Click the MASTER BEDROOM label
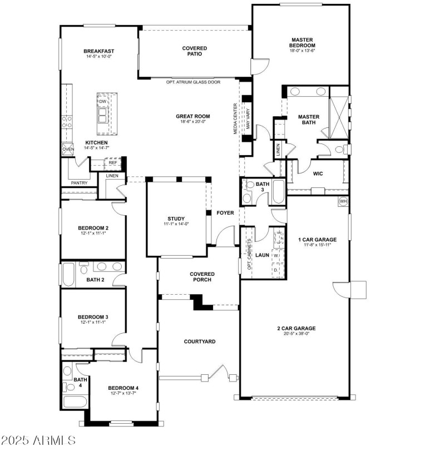[x=303, y=43]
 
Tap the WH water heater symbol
[x=343, y=201]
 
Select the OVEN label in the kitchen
[x=68, y=149]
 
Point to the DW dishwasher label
[x=103, y=102]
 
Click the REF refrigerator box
[x=112, y=163]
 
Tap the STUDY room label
[x=176, y=219]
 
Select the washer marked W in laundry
[x=275, y=256]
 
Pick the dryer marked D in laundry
[x=275, y=270]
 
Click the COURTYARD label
[x=200, y=341]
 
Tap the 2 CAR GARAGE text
[x=296, y=328]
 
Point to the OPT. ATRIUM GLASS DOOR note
[x=193, y=82]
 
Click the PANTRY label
[x=79, y=183]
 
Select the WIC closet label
[x=318, y=174]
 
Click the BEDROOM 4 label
[x=123, y=388]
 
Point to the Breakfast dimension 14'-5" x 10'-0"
[x=100, y=57]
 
